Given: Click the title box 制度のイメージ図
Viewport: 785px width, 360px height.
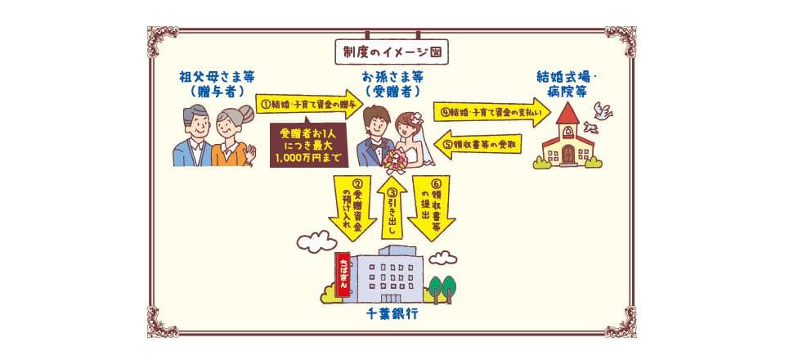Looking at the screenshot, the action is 392,52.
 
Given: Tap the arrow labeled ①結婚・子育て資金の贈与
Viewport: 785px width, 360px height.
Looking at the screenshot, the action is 309,104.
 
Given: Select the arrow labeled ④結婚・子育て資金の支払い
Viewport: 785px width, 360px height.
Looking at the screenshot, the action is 492,111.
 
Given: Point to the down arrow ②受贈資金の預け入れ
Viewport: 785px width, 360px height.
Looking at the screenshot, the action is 352,208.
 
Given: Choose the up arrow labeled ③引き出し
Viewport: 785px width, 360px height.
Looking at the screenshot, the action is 392,207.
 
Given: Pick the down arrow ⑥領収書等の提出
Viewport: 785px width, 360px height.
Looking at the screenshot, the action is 431,208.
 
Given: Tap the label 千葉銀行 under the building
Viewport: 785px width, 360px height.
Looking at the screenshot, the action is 392,314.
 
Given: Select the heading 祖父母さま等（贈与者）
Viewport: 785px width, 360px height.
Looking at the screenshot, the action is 217,83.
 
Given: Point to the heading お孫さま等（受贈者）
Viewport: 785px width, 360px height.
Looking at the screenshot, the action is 392,83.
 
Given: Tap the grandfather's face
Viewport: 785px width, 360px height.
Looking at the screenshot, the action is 197,126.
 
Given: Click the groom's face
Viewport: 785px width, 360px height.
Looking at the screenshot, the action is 376,126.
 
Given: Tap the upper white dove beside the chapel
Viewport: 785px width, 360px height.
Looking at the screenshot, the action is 603,110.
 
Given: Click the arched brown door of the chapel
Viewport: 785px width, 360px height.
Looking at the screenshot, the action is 567,155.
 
